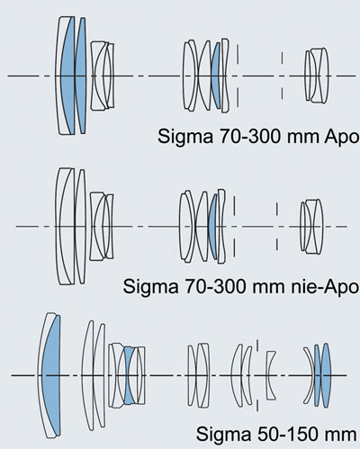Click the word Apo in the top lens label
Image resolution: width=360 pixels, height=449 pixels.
pos(342,137)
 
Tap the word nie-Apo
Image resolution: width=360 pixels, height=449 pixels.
pos(325,287)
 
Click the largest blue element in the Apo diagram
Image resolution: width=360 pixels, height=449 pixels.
pos(68,76)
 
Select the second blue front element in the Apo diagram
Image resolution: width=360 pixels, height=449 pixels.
pos(80,76)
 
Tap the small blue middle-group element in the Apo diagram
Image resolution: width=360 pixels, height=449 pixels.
pos(215,76)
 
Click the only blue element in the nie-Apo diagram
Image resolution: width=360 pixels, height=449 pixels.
pos(212,227)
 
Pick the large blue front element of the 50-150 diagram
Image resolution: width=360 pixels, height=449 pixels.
pos(51,375)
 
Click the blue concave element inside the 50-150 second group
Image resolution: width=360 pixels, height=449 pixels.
pos(130,375)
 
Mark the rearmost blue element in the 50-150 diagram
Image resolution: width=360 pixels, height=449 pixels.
pos(326,375)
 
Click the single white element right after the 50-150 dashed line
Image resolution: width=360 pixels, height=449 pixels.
pos(271,375)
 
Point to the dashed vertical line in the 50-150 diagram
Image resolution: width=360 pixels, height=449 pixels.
pos(257,375)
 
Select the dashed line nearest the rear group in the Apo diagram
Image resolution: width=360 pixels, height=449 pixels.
pos(282,76)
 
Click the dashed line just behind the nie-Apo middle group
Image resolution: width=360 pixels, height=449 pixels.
pos(234,227)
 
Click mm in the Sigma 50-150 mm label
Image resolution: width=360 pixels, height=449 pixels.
pos(340,435)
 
